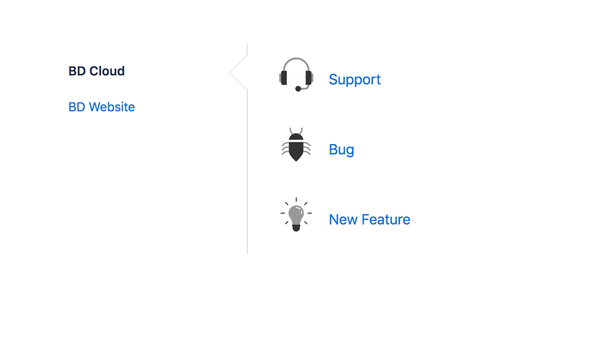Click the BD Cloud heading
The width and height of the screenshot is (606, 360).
coord(97,71)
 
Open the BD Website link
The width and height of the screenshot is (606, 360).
coord(101,107)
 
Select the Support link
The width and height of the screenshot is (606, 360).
coord(355,80)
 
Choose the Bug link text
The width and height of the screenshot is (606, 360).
coord(341,149)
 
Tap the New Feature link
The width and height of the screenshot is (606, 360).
coord(369,219)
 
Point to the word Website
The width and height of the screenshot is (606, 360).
coord(112,107)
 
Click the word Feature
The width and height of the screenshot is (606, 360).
coord(386,219)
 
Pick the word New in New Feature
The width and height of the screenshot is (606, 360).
coord(343,219)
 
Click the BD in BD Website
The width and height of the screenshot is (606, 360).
coord(77,107)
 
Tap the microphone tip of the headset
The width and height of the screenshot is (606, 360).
coord(298,89)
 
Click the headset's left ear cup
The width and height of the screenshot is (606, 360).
coord(284,78)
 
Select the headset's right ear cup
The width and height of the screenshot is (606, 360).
coord(308,78)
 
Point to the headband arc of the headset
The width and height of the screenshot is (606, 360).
coord(296,59)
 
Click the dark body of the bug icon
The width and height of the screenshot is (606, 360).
coord(296,148)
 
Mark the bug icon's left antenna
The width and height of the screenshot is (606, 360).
coord(291,131)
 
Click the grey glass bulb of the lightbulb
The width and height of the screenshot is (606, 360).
coord(296,214)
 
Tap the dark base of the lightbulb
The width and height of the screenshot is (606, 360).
coord(296,227)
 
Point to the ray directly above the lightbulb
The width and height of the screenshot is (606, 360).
coord(296,200)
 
